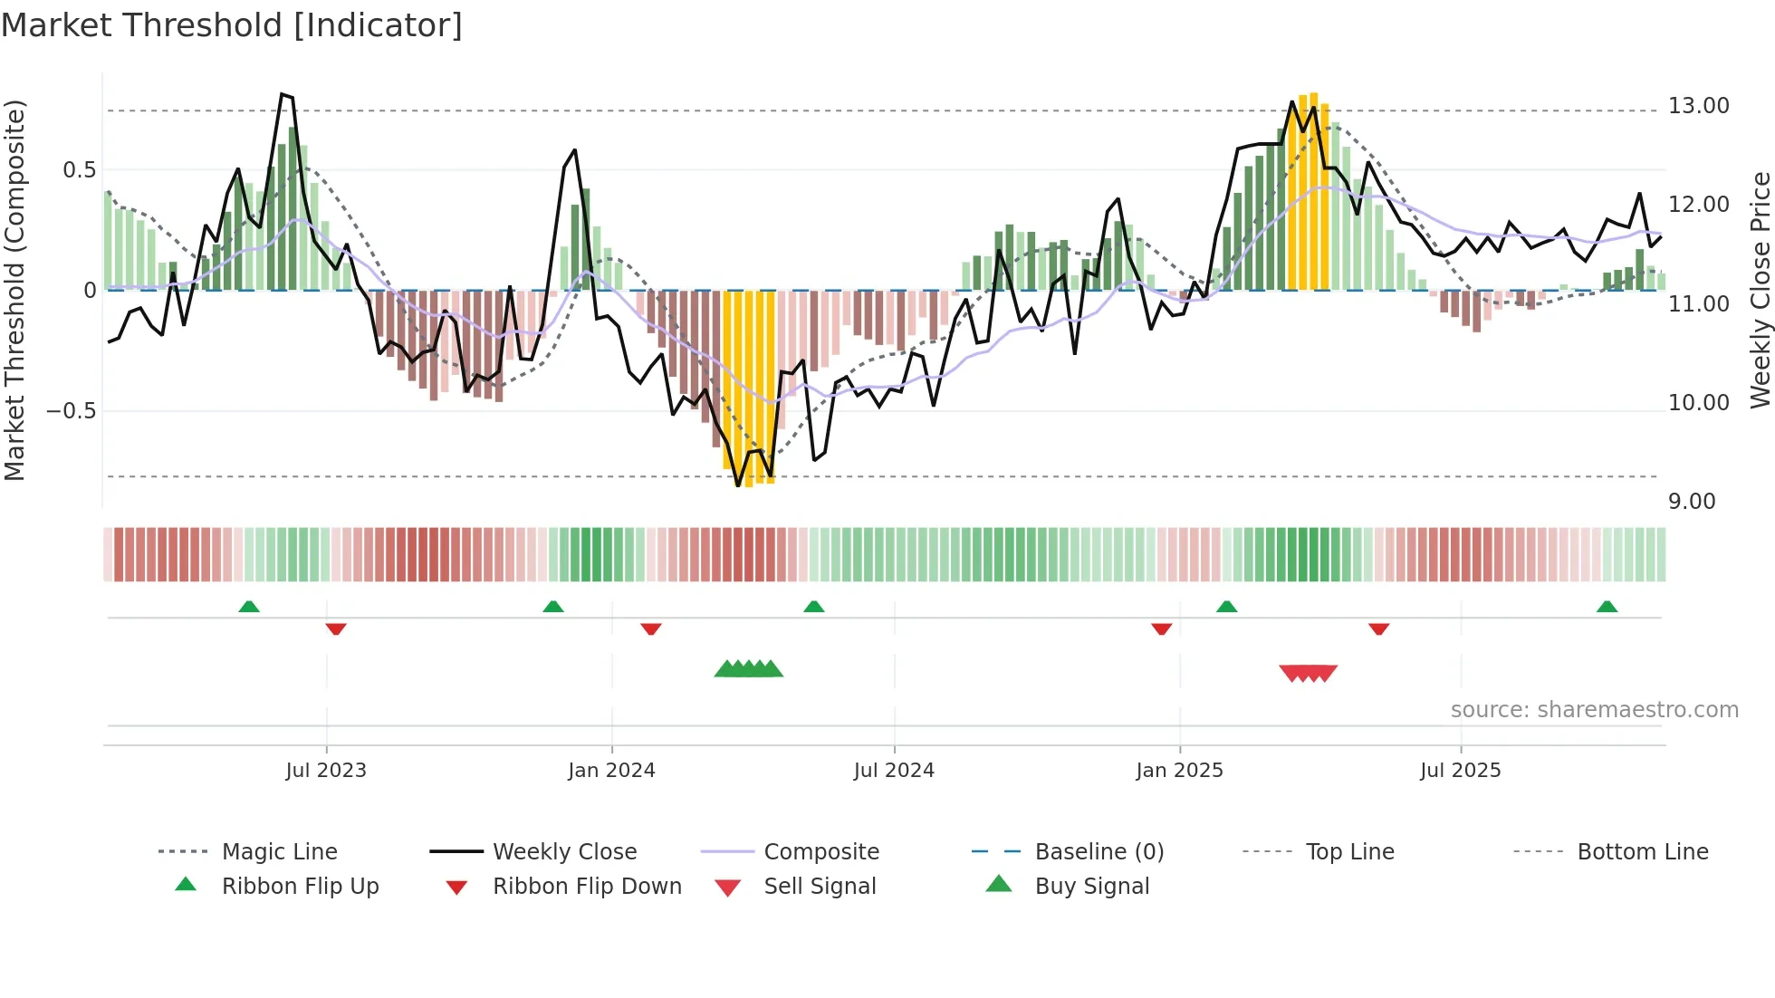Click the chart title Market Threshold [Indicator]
pyautogui.click(x=232, y=25)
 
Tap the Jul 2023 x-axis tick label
pyautogui.click(x=326, y=770)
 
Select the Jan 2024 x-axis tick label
pyautogui.click(x=611, y=770)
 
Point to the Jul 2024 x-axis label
pyautogui.click(x=894, y=770)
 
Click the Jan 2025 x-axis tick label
pyautogui.click(x=1179, y=770)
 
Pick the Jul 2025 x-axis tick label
pyautogui.click(x=1460, y=770)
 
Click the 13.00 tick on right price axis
pyautogui.click(x=1699, y=106)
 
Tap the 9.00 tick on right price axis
pyautogui.click(x=1692, y=502)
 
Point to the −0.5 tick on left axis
pyautogui.click(x=71, y=411)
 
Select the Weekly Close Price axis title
pyautogui.click(x=1760, y=290)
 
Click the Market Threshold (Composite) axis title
pyautogui.click(x=14, y=290)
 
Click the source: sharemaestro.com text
pyautogui.click(x=1594, y=710)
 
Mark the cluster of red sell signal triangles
pyautogui.click(x=1308, y=673)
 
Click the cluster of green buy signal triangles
pyautogui.click(x=748, y=669)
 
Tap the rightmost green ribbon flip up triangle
pyautogui.click(x=1607, y=606)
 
